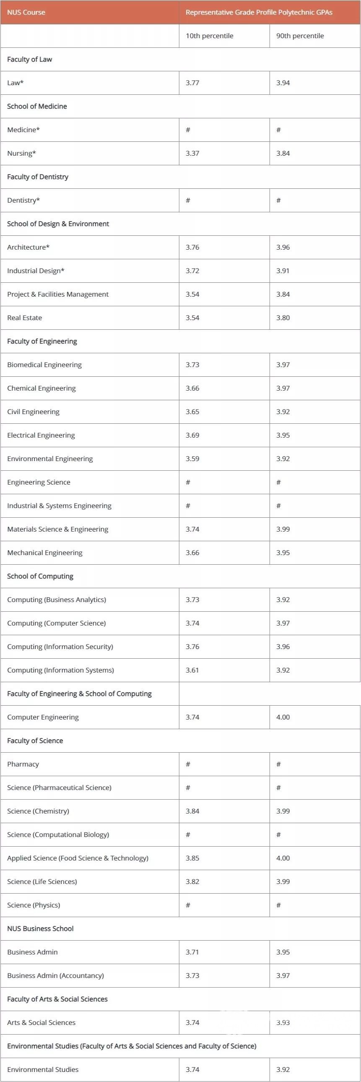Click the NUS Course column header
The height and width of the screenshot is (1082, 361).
click(26, 12)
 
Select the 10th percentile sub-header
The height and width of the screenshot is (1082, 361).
click(210, 36)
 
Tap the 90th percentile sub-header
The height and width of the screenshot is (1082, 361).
click(300, 36)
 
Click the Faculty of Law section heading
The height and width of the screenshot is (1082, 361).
click(29, 59)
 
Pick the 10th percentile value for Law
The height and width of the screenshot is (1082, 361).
click(192, 83)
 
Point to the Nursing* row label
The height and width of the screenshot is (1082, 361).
click(21, 153)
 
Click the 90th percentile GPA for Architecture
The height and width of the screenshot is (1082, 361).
click(283, 248)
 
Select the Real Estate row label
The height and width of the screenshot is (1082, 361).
click(24, 318)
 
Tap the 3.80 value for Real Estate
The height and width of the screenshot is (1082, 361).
click(283, 318)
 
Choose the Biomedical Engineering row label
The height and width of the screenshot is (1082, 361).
click(44, 365)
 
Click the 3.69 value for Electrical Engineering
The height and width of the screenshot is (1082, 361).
click(192, 435)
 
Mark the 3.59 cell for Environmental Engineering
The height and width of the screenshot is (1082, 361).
click(192, 459)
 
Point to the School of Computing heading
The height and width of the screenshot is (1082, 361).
click(40, 576)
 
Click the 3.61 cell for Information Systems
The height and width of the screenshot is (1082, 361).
click(192, 670)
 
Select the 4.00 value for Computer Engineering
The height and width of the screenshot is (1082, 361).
click(283, 717)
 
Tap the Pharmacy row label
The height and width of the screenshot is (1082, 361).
click(23, 764)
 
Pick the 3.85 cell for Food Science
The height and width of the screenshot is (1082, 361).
click(192, 858)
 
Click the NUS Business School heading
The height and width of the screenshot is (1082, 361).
click(40, 929)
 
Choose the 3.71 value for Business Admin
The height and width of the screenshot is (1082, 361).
click(192, 952)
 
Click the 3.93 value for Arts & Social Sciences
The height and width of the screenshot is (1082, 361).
click(283, 1023)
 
